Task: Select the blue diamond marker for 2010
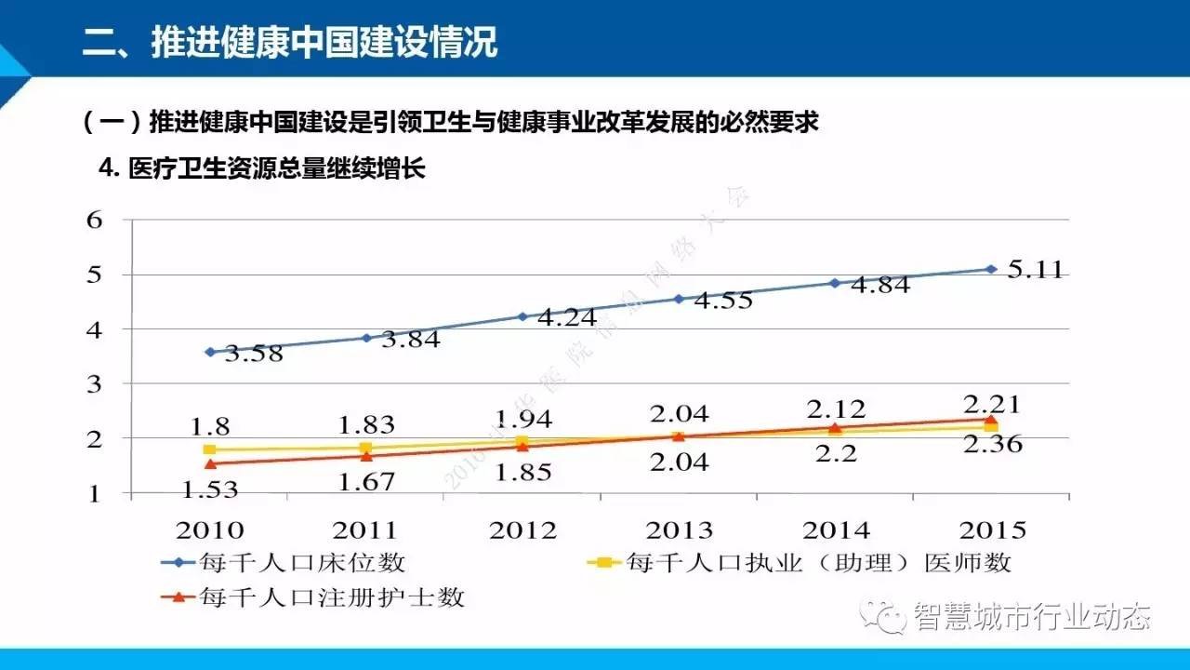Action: [210, 352]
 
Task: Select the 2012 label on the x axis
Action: [522, 531]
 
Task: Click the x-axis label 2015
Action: [991, 531]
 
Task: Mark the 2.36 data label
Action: [991, 445]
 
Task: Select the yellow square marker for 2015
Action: [991, 426]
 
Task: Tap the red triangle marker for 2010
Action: [210, 462]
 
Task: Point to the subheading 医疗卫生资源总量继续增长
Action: [274, 168]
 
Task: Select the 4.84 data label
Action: [873, 286]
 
